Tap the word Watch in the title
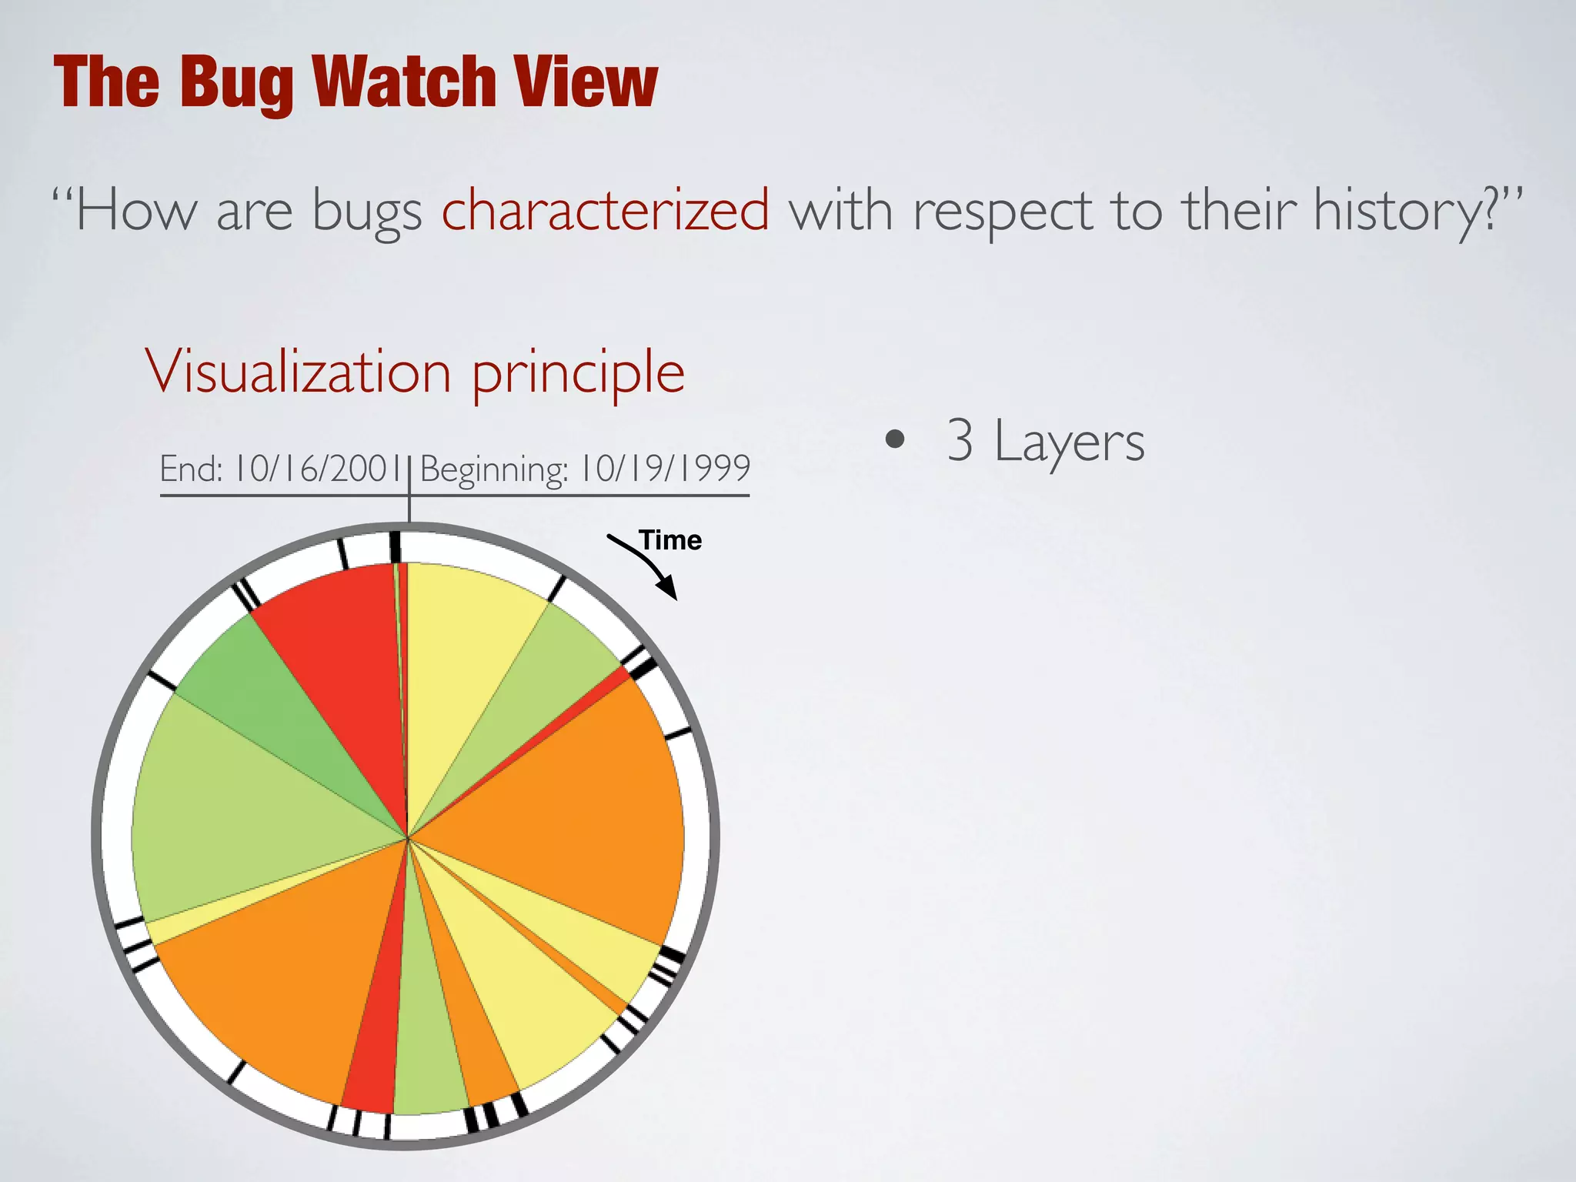[404, 82]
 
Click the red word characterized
[605, 209]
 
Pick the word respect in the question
[1002, 211]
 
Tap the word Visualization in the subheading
[298, 372]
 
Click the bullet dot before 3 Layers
[894, 439]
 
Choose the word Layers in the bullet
[1069, 442]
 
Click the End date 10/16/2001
[317, 469]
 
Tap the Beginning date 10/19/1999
[665, 469]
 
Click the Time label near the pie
[670, 540]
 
